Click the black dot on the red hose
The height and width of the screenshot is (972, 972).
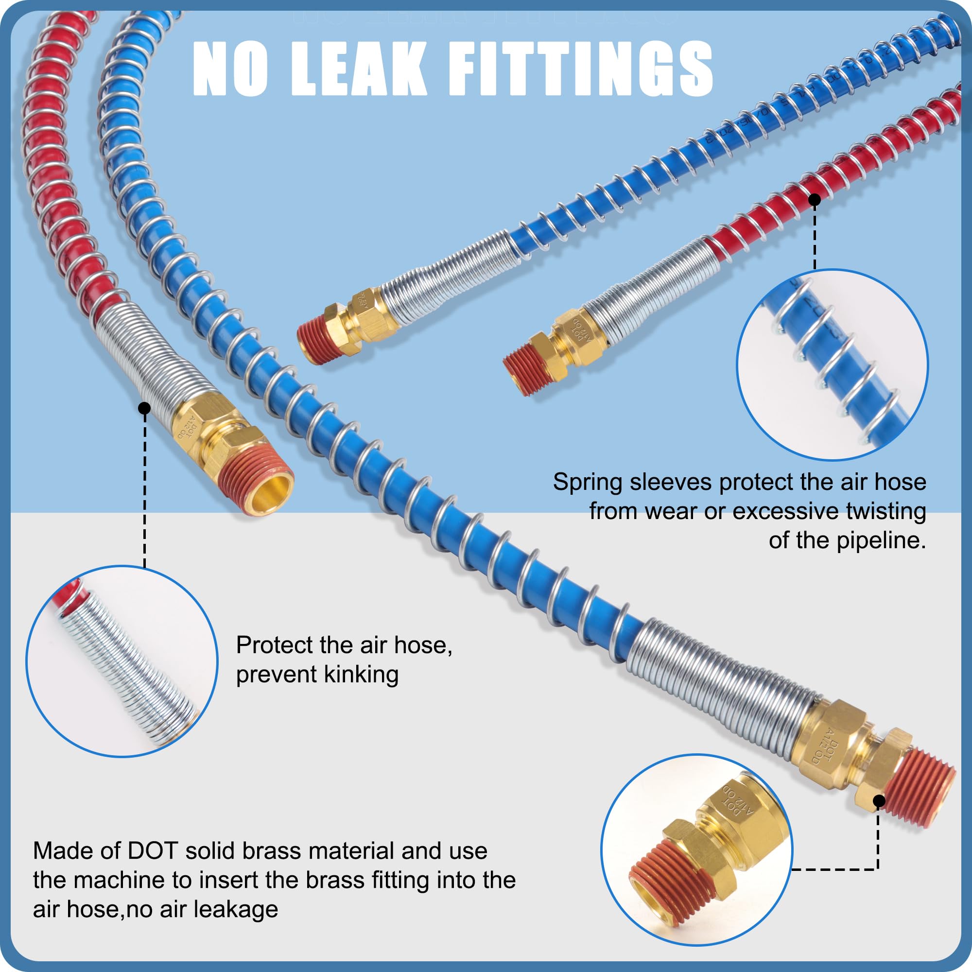pos(815,200)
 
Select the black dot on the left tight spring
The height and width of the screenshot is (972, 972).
pos(144,408)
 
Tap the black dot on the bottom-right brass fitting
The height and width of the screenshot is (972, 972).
pos(879,801)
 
